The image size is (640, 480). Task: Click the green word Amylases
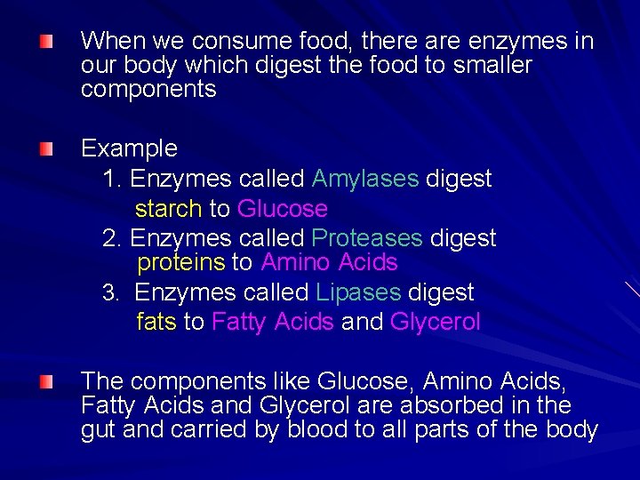364,179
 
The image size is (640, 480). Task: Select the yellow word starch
169,209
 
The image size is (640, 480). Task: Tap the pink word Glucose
283,209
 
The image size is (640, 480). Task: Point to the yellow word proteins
180,262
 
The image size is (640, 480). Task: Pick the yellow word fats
156,322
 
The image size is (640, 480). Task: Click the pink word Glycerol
435,322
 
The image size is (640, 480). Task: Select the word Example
129,148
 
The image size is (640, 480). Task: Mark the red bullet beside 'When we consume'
45,41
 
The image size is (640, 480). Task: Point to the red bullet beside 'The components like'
45,381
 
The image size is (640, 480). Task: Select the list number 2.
111,238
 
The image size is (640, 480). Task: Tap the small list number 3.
109,292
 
